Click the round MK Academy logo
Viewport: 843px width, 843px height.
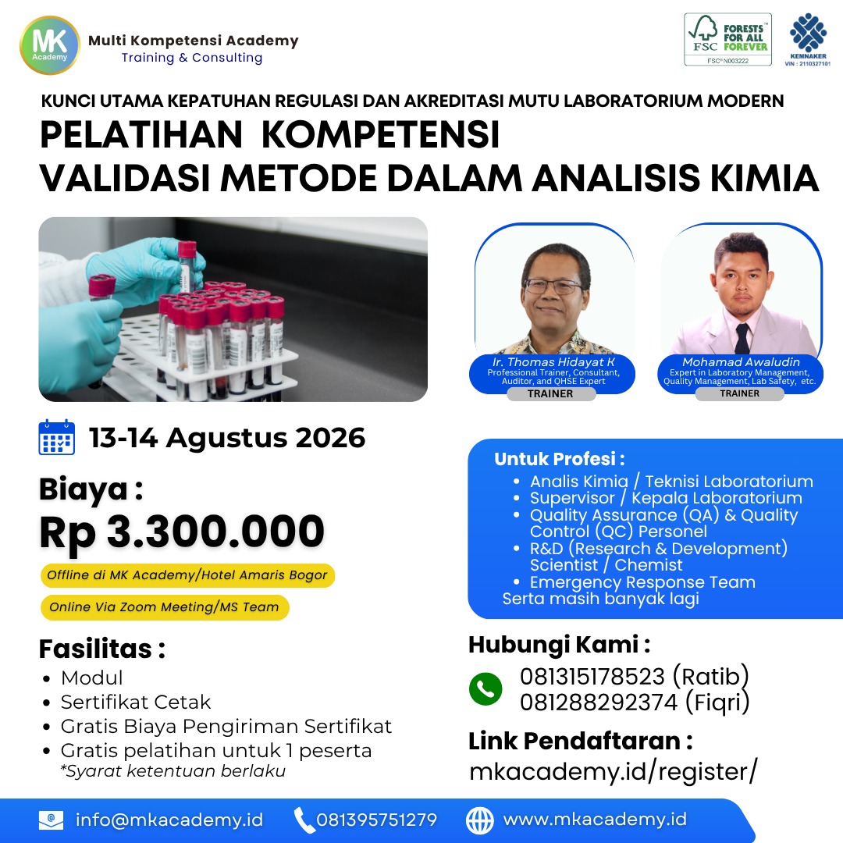click(x=49, y=45)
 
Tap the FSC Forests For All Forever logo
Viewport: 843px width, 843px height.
click(x=727, y=39)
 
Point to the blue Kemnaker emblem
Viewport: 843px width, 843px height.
click(x=808, y=34)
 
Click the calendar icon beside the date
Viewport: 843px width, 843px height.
click(x=56, y=437)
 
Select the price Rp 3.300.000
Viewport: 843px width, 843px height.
click(x=182, y=532)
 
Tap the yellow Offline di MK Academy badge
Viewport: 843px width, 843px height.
click(x=187, y=575)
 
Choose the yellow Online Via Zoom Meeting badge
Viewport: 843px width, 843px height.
click(x=165, y=607)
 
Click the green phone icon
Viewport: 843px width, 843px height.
click(x=486, y=688)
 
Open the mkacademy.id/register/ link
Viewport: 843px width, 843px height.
click(x=614, y=771)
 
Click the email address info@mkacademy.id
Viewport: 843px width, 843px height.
click(x=169, y=820)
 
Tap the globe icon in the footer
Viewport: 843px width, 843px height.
click(x=479, y=820)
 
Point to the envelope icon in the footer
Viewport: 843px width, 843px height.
click(x=51, y=820)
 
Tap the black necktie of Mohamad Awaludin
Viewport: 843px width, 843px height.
click(x=742, y=338)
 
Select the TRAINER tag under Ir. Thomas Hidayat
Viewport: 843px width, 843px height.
click(x=550, y=393)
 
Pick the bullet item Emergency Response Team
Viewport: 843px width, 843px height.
click(x=642, y=582)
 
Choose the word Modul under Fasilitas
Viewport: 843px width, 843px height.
click(x=92, y=678)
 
